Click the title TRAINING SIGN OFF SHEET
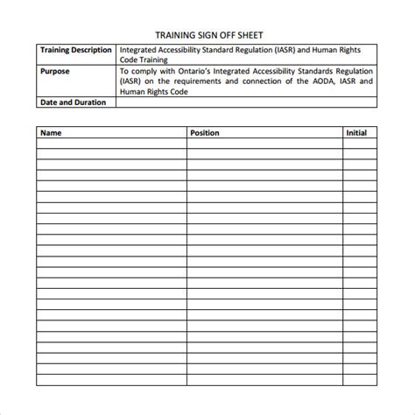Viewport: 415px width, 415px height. click(x=207, y=36)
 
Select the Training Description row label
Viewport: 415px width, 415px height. click(x=76, y=51)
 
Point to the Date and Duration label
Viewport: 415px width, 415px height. click(x=74, y=102)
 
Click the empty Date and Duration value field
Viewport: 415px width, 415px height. click(x=248, y=102)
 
